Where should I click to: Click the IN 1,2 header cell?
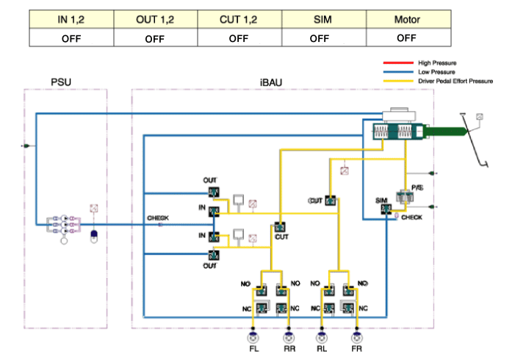pyautogui.click(x=71, y=19)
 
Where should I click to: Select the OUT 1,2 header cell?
pyautogui.click(x=154, y=19)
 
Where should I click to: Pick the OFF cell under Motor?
pyautogui.click(x=406, y=38)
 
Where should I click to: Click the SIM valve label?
pyautogui.click(x=381, y=201)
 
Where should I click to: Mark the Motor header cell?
pyautogui.click(x=406, y=19)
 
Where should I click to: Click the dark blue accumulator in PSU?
pyautogui.click(x=93, y=237)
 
